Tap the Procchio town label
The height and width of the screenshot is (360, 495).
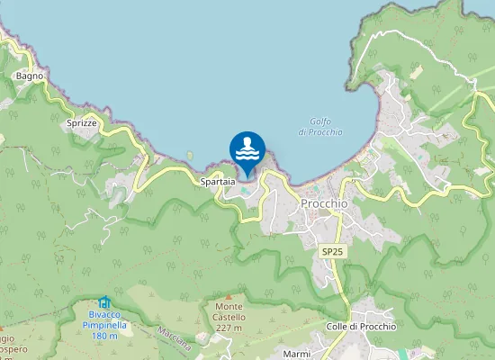tap(324, 203)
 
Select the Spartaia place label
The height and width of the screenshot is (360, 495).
tap(218, 181)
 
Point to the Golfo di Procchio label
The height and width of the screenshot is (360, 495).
tap(319, 127)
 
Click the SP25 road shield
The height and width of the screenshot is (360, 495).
tap(332, 253)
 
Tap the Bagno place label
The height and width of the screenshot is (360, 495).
tap(30, 76)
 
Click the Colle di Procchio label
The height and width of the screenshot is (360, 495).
tap(361, 326)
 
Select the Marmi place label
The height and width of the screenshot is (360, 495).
tap(296, 354)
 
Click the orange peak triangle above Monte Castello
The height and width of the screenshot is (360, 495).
tap(229, 296)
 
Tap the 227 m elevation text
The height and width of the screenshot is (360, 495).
tap(229, 328)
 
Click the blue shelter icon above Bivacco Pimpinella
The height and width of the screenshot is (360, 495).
tap(104, 302)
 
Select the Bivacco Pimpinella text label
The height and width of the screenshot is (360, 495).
tap(104, 320)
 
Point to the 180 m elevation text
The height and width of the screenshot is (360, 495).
tap(104, 336)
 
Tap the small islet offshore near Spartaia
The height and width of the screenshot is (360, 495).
tap(190, 155)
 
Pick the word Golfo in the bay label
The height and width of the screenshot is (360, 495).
tap(319, 121)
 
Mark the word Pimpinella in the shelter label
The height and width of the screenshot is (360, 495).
tap(104, 325)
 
